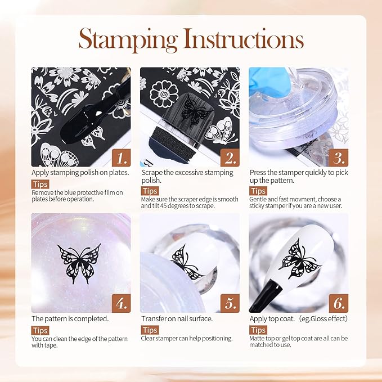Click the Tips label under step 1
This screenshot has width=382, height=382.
40,185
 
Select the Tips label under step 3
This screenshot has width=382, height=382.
258,191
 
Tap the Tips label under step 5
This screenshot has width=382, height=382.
150,330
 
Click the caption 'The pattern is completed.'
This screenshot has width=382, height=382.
70,319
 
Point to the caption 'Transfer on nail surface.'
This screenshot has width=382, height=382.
177,319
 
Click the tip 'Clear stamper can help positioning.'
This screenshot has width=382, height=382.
187,339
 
